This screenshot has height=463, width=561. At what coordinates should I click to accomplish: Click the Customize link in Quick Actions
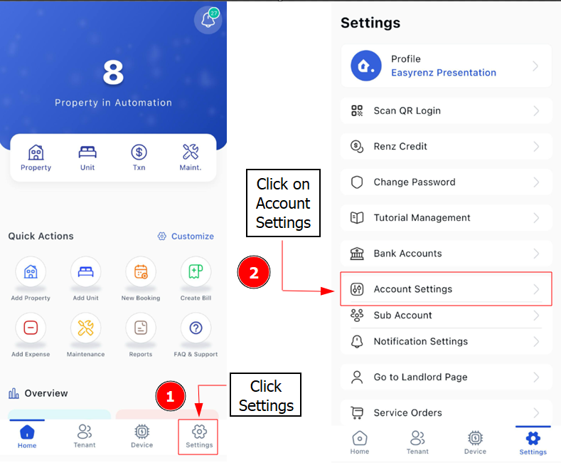tap(186, 236)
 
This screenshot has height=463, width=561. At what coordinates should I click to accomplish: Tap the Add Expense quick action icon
tap(31, 328)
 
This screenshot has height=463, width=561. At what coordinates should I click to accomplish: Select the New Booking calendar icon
tap(141, 271)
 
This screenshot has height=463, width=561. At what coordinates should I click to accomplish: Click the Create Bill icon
tap(196, 271)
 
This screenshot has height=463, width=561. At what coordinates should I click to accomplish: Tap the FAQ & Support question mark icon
tap(196, 328)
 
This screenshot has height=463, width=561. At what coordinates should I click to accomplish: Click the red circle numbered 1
tap(171, 396)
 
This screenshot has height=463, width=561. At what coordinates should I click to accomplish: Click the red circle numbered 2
tap(254, 272)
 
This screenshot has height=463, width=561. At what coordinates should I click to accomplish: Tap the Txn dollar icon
tap(139, 152)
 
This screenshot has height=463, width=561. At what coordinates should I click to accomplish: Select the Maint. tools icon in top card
tap(191, 152)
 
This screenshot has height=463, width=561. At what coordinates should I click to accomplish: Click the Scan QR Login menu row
tap(446, 110)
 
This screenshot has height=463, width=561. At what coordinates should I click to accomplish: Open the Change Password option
tap(446, 182)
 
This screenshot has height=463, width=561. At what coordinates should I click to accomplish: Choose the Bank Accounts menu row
tap(446, 254)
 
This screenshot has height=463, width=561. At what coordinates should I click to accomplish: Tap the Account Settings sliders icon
tap(357, 288)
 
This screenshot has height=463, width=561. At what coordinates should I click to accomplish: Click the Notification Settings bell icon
tap(357, 341)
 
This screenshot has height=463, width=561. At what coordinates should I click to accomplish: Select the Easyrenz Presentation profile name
tap(444, 73)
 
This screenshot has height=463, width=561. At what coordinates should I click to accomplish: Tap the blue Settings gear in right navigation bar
tap(533, 438)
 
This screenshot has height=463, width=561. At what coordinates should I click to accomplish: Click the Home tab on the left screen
tap(27, 437)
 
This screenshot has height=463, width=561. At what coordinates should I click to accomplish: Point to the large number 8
tap(113, 73)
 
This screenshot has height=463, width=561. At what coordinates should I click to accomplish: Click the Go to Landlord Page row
tap(446, 377)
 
